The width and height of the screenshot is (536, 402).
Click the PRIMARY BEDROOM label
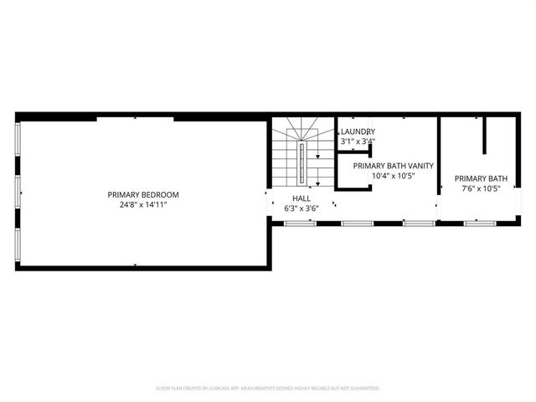coord(143,194)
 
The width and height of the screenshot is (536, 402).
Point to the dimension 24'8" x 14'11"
coord(143,204)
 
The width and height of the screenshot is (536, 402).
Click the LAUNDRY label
coord(357,131)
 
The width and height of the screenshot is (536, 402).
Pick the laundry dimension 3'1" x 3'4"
coord(357,142)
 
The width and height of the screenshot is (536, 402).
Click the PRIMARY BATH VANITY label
coord(393,166)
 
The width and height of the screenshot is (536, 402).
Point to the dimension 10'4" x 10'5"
coord(393,176)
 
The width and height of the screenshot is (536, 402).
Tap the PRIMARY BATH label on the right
coord(481,178)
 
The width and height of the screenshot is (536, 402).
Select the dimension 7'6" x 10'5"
coord(481,188)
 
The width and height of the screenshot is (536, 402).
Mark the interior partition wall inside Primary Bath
coord(484,136)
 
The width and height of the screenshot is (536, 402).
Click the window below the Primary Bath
coord(477,223)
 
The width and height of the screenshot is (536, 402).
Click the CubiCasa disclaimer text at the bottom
coord(268,389)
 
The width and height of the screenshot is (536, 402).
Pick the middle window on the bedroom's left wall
coord(18,192)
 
